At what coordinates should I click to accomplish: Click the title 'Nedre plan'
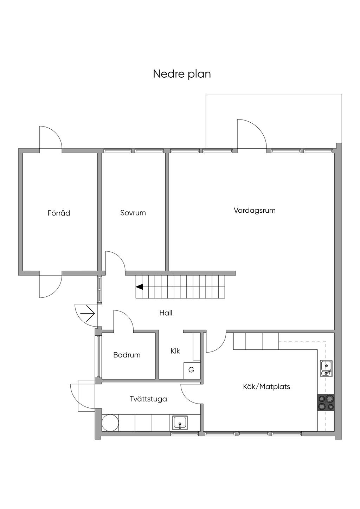(x=182, y=74)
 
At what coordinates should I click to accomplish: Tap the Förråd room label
(x=59, y=213)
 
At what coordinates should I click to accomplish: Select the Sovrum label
(x=133, y=213)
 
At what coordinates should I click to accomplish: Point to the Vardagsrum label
(x=255, y=210)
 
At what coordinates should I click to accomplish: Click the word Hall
(x=166, y=313)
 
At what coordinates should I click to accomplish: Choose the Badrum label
(x=127, y=355)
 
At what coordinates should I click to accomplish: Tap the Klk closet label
(x=175, y=351)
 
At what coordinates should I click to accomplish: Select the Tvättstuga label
(x=148, y=399)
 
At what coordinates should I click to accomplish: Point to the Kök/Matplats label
(x=266, y=387)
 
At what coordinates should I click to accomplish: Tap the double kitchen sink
(x=326, y=369)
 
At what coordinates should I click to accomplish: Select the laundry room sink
(x=180, y=423)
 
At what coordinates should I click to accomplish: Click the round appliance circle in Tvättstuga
(x=110, y=423)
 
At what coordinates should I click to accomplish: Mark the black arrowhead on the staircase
(x=139, y=287)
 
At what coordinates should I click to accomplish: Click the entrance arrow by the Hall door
(x=88, y=314)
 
